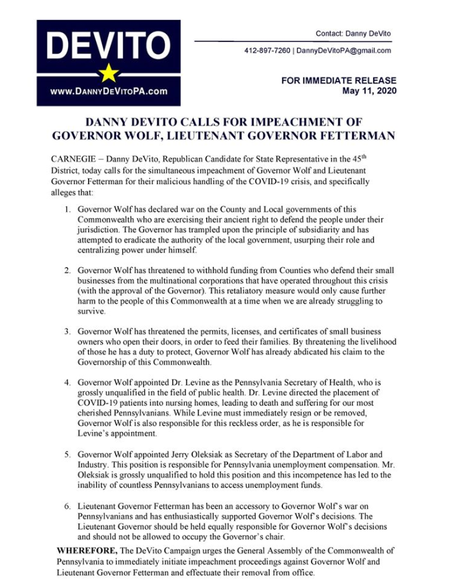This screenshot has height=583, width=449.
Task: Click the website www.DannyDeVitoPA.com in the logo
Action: click(x=108, y=91)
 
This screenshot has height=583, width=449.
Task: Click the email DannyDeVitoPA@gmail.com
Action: click(x=344, y=50)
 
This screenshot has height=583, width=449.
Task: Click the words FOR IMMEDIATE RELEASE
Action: click(x=338, y=80)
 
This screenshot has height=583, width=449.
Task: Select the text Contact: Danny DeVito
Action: click(x=353, y=33)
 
